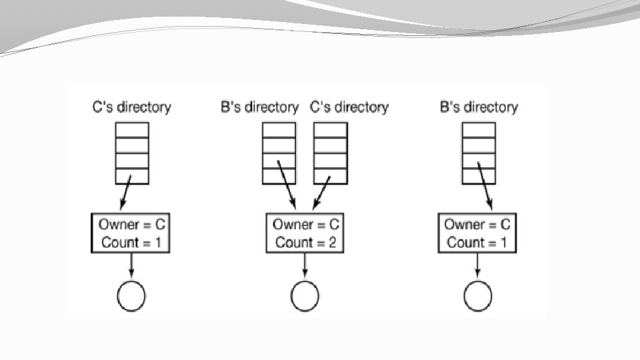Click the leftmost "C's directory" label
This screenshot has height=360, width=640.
coord(132,107)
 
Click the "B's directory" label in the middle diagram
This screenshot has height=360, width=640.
coord(259,107)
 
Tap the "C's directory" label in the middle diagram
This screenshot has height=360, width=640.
coord(349,107)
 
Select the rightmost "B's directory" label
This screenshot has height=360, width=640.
coord(479,107)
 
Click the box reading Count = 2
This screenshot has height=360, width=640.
coord(305,233)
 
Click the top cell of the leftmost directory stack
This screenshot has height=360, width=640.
coord(132,129)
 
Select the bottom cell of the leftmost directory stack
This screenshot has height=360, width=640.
coord(132,175)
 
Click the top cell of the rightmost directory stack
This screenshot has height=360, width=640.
coord(479,129)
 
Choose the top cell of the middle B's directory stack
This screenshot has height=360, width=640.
coord(279,129)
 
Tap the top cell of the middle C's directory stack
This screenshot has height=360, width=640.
coord(330,129)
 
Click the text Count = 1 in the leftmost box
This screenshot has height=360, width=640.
coord(131,242)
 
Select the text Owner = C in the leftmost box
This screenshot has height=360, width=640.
coord(131,224)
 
